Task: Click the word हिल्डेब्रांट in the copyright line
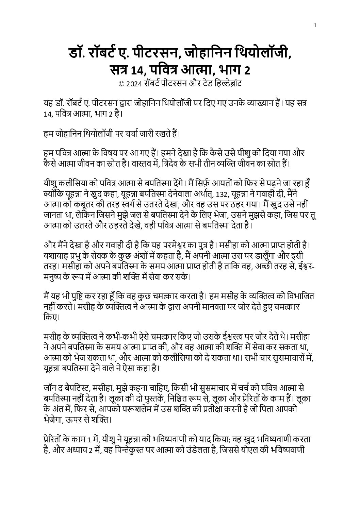(228, 83)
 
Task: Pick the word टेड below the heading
(206, 83)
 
